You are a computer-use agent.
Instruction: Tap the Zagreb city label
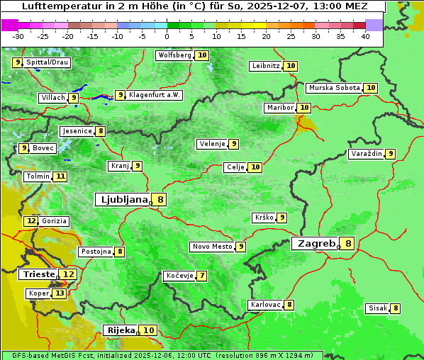316,244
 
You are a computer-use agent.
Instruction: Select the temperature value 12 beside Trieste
68,274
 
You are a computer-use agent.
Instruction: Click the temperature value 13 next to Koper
60,293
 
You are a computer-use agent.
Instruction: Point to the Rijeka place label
120,330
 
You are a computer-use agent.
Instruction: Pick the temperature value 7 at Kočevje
202,276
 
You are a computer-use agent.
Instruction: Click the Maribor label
279,108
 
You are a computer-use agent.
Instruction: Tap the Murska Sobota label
333,88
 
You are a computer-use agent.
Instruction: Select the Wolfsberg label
174,55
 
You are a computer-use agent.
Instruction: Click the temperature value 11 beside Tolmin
60,176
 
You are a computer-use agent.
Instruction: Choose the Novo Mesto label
212,247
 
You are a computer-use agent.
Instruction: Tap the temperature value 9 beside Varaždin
390,154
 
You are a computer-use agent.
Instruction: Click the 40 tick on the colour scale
365,36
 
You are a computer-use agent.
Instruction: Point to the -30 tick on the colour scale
18,36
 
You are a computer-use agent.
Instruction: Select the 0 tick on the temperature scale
167,36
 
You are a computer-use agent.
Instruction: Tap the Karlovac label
266,305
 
